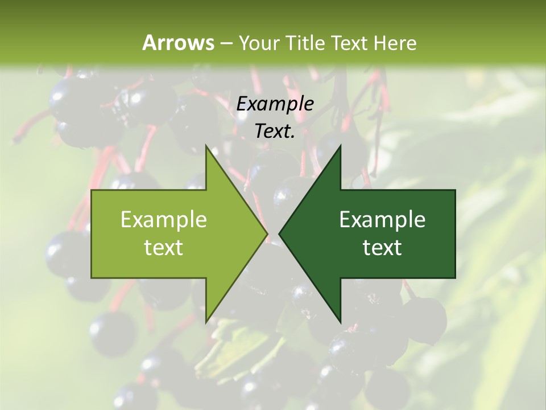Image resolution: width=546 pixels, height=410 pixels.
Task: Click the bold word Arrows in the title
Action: coord(178,43)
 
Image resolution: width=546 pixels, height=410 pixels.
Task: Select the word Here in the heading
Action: coord(396,43)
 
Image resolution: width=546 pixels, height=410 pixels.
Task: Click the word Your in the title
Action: coord(258,43)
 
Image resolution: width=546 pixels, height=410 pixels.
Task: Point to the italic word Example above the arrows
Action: coord(275,104)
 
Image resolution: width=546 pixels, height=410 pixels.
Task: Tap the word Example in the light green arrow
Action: coord(164,220)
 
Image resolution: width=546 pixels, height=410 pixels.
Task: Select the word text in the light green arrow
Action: coord(164,248)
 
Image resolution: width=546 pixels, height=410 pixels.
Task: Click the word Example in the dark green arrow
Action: coord(382,220)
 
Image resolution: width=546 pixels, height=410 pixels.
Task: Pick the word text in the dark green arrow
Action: coord(382,248)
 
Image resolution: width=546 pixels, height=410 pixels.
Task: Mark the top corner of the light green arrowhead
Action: coord(206,146)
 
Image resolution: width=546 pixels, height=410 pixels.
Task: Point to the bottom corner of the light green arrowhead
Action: coord(206,322)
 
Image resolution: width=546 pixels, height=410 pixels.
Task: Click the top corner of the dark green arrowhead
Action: coord(340,146)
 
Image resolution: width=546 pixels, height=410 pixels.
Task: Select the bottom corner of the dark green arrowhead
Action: coord(340,322)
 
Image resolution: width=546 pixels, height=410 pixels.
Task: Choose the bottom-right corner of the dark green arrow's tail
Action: coord(455,278)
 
